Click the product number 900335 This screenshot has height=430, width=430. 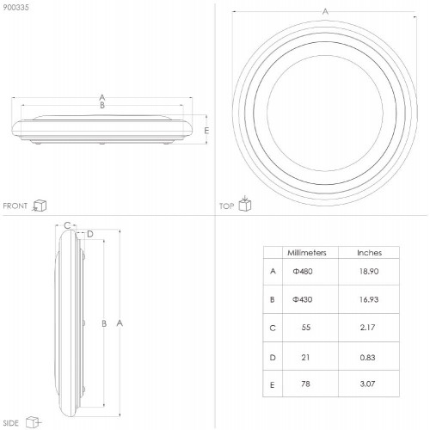[x=15, y=8]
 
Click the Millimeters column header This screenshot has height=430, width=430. [x=307, y=253]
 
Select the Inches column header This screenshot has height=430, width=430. [x=369, y=253]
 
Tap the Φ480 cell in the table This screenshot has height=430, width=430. [x=303, y=271]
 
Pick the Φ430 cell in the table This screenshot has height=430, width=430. [x=303, y=299]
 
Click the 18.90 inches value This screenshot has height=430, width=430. [x=369, y=271]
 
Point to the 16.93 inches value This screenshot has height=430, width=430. [x=369, y=299]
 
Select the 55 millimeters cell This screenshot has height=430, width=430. [x=306, y=328]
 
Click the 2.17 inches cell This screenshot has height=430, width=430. [x=367, y=328]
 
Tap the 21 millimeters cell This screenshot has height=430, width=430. [x=305, y=358]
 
